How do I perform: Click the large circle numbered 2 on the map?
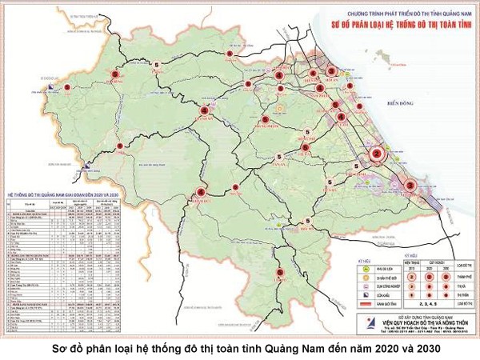pos(377,154)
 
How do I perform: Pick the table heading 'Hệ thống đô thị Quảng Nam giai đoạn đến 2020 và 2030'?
pos(63,194)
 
